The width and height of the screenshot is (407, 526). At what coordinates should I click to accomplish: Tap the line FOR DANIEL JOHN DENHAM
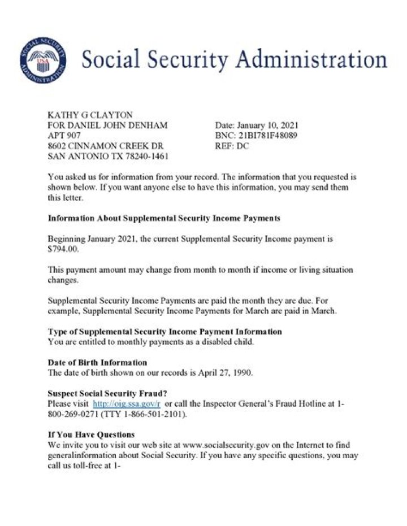107,125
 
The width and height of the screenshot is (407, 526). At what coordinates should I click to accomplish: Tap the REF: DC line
232,146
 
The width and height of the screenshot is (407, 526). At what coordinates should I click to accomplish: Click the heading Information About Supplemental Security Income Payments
164,218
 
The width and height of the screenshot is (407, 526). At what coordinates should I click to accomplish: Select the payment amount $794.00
66,249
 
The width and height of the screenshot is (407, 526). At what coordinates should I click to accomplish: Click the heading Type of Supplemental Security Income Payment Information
165,331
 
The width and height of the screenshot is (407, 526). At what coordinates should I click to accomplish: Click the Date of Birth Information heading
97,362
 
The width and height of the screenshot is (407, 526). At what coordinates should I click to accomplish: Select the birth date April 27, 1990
227,372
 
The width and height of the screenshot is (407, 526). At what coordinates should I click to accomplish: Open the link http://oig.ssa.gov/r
127,403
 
